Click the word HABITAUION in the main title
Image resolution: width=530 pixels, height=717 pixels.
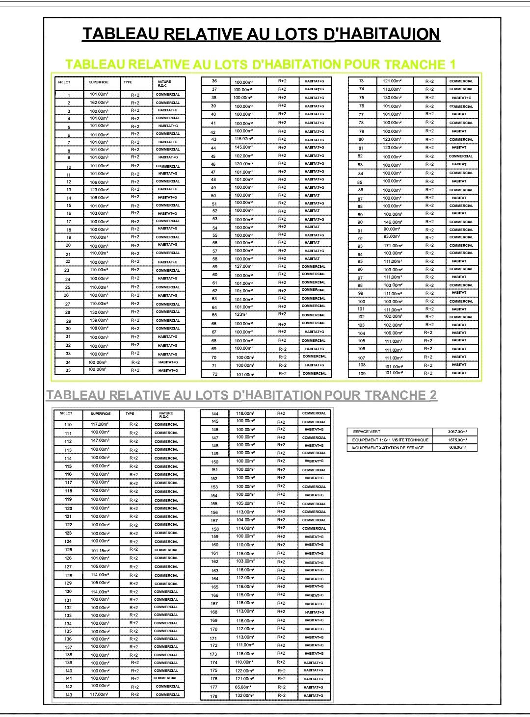click(x=388, y=34)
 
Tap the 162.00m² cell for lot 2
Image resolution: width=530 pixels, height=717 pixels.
click(x=99, y=102)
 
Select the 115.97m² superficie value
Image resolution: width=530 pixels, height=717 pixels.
click(x=244, y=139)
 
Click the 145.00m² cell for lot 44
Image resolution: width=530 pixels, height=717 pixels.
click(x=244, y=147)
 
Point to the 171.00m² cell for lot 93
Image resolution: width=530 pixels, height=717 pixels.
click(x=393, y=246)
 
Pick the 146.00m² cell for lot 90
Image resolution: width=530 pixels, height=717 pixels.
click(x=393, y=222)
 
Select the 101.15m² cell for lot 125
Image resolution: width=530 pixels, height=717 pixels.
click(x=100, y=550)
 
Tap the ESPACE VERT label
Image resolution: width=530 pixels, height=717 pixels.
click(x=367, y=432)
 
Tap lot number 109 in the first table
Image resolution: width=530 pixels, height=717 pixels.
click(x=362, y=374)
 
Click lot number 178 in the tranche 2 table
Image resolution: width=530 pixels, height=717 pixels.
click(x=214, y=696)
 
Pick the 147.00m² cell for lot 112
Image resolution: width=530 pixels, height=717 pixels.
click(x=100, y=441)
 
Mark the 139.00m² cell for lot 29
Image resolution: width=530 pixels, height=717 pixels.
click(x=99, y=320)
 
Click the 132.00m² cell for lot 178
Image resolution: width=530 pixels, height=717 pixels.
click(x=244, y=695)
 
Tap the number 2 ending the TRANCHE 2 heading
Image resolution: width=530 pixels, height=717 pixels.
click(x=433, y=396)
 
